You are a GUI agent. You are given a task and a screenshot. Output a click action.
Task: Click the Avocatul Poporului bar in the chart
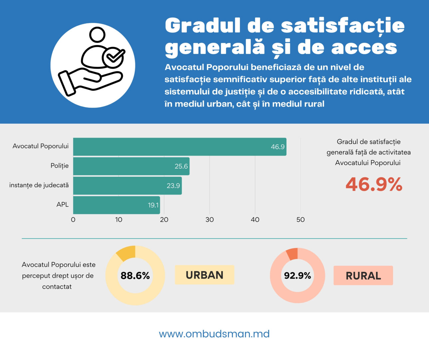(180, 147)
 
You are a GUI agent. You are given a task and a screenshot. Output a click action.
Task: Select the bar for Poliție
(131, 166)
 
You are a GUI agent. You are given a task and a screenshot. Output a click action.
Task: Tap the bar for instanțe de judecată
(127, 186)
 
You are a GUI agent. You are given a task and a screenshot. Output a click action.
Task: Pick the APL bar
(116, 205)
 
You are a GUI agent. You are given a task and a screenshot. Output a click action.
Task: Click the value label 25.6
(181, 166)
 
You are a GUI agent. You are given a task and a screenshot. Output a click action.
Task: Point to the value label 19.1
(153, 205)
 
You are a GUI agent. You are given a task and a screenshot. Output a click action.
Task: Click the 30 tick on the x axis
(210, 220)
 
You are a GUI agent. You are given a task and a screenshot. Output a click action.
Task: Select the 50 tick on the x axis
(300, 220)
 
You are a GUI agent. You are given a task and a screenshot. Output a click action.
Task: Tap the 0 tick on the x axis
(73, 220)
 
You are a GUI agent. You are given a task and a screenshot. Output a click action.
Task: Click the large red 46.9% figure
(374, 184)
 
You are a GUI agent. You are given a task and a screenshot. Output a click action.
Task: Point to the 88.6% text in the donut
(135, 276)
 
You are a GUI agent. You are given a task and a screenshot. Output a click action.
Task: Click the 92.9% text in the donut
(297, 276)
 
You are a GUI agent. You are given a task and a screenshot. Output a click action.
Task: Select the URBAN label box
(205, 275)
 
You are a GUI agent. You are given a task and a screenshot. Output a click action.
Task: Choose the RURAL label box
(363, 276)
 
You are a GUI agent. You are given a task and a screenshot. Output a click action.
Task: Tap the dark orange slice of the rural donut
(292, 254)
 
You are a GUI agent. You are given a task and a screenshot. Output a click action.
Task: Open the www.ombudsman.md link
(214, 334)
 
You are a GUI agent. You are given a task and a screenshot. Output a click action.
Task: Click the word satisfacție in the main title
(343, 26)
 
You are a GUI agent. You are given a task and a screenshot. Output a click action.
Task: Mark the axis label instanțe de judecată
(39, 185)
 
